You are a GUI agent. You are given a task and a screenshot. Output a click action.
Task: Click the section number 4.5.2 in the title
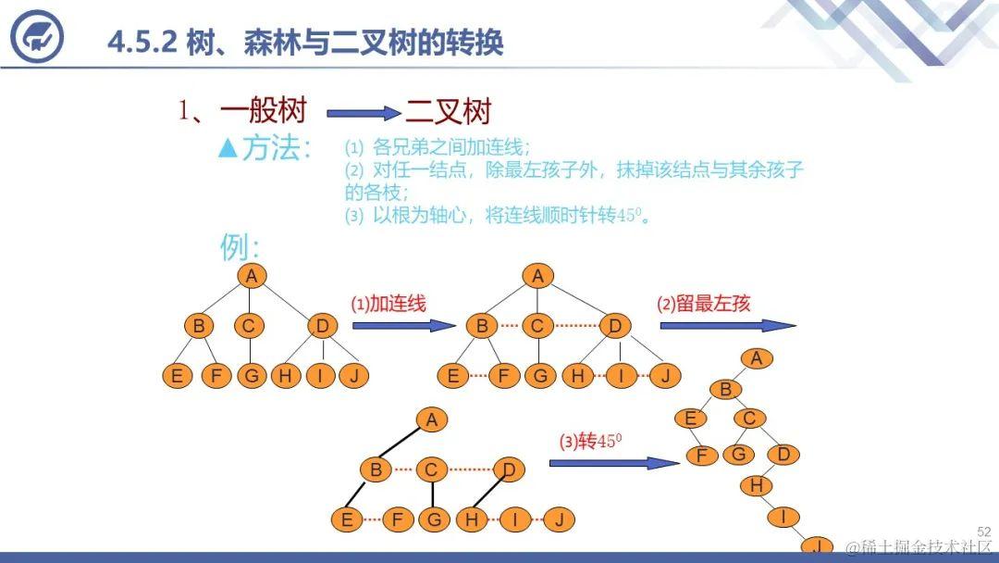pos(142,42)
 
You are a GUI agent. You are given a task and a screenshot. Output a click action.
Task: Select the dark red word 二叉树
pos(448,113)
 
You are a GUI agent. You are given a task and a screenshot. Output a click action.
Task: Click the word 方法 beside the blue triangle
pos(276,149)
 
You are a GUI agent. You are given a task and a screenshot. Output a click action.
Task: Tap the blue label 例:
pos(240,247)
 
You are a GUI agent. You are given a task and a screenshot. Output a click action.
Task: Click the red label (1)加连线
pos(388,303)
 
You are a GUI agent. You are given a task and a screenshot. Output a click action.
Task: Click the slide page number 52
pos(983,532)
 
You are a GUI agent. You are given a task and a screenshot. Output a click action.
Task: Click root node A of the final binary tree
pos(757,358)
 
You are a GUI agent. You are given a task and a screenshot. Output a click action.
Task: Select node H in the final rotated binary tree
pos(756,485)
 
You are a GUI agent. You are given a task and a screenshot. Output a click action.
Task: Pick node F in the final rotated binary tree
pos(701,455)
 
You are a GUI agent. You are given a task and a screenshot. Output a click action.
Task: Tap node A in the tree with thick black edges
pos(430,419)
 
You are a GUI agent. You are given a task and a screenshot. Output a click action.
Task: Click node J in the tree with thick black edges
pos(558,519)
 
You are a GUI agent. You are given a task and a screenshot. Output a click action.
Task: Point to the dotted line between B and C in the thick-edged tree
pos(402,470)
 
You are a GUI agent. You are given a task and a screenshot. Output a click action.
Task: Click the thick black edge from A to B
pos(402,445)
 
